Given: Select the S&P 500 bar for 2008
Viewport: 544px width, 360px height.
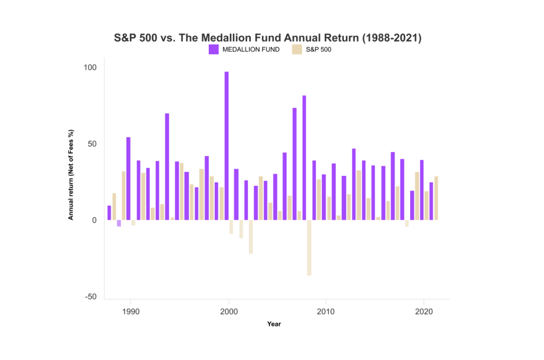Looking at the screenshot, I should point(309,247).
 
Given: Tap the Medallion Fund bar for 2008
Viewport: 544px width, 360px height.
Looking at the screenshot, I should point(304,158).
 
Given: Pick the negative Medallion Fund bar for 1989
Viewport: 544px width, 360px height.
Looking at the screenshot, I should point(119,224).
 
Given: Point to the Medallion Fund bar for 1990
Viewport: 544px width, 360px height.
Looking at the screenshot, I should point(129,178).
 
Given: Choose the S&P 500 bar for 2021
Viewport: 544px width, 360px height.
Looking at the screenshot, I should point(436,198).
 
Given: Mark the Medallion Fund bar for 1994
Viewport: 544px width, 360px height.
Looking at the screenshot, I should point(167,167).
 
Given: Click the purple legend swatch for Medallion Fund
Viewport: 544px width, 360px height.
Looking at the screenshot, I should point(214,49).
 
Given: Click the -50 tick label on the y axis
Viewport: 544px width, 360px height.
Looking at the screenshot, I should point(91,297).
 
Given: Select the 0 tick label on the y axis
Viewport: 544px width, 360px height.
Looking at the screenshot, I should point(95,220).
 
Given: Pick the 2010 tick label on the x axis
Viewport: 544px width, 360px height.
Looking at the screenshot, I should point(326,311).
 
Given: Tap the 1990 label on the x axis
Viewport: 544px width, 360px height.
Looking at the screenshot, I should point(131,311).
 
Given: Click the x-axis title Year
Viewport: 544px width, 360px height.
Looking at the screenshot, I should point(274,324).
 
